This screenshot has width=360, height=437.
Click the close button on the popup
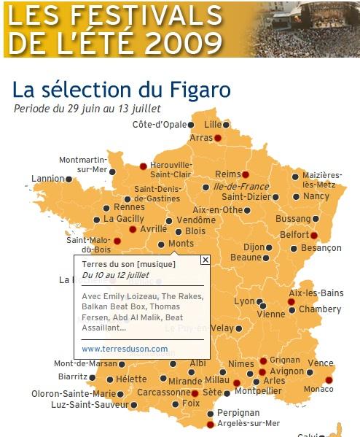(205, 259)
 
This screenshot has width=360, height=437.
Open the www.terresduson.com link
(125, 349)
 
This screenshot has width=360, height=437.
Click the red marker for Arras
(217, 137)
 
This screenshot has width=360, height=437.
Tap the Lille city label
(212, 124)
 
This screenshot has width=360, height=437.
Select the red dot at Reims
(246, 174)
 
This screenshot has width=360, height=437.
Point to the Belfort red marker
(314, 235)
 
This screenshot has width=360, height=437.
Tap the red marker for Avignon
(262, 372)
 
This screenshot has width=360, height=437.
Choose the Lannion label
(48, 178)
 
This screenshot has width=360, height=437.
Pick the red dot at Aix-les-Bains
(291, 301)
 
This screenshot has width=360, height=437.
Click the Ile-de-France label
(241, 187)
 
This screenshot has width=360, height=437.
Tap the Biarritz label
(72, 377)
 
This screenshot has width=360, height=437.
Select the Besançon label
(321, 248)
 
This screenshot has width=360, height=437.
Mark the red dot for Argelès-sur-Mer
(211, 424)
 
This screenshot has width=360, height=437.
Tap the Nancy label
(316, 196)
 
